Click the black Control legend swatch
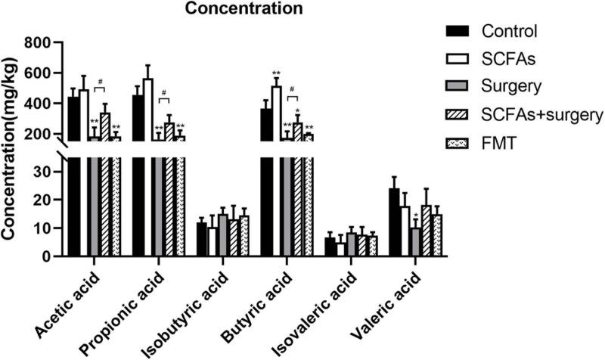(458, 31)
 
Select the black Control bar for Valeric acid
(394, 222)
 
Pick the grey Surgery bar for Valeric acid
(415, 242)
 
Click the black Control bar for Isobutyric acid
(201, 239)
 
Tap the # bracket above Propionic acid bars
(164, 98)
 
